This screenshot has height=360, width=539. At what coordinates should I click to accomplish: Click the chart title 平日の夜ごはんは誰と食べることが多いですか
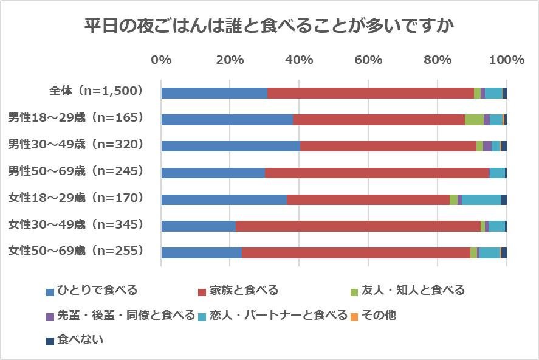[x=269, y=26]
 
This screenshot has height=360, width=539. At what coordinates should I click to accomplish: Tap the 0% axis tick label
[x=161, y=60]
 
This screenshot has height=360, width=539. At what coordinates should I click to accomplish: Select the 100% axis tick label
[x=506, y=60]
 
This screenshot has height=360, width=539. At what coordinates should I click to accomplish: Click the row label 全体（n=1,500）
[x=95, y=91]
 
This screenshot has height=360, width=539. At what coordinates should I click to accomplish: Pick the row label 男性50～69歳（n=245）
[x=75, y=171]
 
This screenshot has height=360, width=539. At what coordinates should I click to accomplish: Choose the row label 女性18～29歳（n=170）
[x=75, y=198]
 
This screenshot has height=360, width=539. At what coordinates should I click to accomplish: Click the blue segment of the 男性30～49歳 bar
[x=230, y=146]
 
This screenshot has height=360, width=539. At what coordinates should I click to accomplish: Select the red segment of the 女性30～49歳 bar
[x=358, y=226]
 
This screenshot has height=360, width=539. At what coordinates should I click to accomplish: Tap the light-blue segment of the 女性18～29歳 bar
[x=481, y=199]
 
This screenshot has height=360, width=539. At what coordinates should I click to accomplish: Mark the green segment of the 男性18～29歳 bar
[x=474, y=120]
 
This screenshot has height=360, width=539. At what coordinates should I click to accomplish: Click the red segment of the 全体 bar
[x=371, y=93]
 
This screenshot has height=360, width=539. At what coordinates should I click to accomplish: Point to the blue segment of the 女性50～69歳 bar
[x=201, y=253]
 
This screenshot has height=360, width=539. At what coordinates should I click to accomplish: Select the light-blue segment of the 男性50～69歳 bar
[x=497, y=173]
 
